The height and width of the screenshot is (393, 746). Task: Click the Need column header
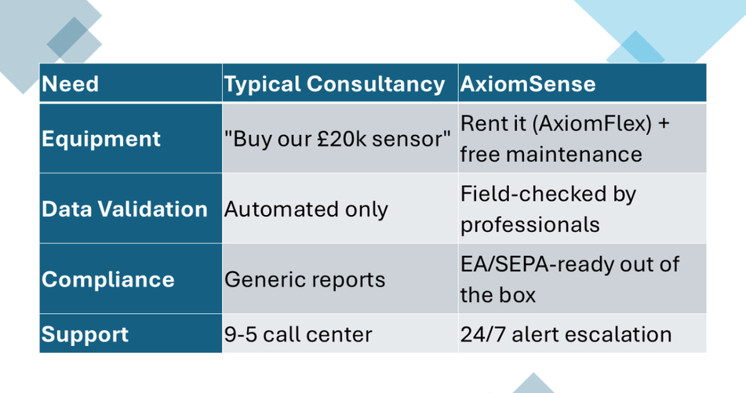click(71, 84)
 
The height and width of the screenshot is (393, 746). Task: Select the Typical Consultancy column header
click(334, 84)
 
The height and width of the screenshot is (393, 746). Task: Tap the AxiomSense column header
click(528, 84)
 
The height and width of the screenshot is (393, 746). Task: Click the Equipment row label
click(101, 139)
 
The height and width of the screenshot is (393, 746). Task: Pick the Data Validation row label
click(125, 209)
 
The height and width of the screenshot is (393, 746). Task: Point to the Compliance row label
click(108, 280)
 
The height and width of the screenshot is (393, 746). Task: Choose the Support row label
click(85, 334)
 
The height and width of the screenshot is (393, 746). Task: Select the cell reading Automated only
click(306, 209)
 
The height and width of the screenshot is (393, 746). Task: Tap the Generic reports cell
click(304, 280)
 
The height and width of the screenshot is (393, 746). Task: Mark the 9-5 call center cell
click(298, 334)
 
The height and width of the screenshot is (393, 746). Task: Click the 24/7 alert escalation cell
click(566, 334)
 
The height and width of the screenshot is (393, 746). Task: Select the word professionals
click(530, 225)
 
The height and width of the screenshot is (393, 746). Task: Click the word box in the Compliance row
click(517, 295)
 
